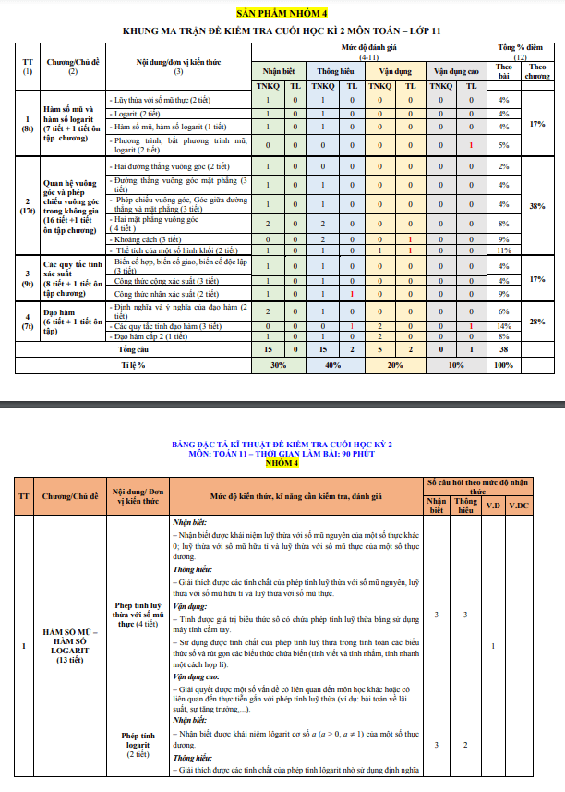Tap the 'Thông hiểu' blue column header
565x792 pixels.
pos(337,70)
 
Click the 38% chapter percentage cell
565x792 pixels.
pos(537,207)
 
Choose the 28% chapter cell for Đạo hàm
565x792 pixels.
pos(537,321)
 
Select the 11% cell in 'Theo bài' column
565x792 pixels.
pos(503,250)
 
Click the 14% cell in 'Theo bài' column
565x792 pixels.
pos(503,326)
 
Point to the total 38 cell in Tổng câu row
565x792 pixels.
pos(503,350)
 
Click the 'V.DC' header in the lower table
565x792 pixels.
pos(520,505)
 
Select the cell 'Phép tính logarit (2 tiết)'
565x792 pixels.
pos(138,741)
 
